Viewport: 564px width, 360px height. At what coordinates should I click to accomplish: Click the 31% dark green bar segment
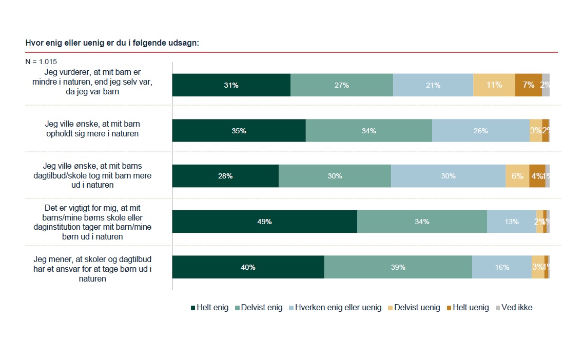pos(231,85)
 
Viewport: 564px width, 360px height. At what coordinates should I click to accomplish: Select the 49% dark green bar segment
pos(264,222)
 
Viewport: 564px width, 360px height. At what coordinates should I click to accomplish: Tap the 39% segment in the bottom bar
pos(398,267)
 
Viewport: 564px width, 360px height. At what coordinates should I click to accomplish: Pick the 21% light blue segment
pos(433,85)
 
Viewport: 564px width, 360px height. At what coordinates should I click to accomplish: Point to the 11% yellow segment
pos(494,85)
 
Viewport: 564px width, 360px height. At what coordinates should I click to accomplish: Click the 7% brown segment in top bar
pos(528,85)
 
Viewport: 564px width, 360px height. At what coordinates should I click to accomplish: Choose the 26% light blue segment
pos(480,131)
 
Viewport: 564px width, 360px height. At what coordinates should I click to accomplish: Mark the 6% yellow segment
pos(517,176)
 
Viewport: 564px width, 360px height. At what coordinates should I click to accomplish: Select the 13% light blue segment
pos(511,222)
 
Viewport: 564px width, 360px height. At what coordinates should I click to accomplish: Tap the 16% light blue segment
pos(501,267)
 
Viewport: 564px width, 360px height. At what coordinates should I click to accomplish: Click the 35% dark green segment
pos(239,131)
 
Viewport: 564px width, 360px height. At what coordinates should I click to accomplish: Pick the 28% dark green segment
pos(225,176)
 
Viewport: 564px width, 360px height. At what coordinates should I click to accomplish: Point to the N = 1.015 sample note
pos(41,62)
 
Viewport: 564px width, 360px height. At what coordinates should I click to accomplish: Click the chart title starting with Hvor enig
pos(112,43)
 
